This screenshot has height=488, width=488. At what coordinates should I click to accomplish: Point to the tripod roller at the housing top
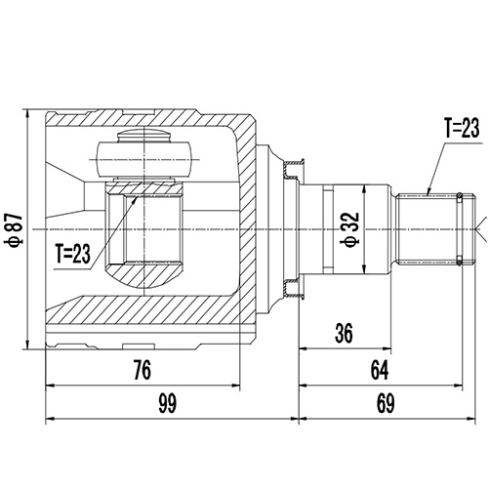pos(143,153)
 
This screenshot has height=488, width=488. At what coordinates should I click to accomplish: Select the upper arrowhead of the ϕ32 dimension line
pos(365,186)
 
